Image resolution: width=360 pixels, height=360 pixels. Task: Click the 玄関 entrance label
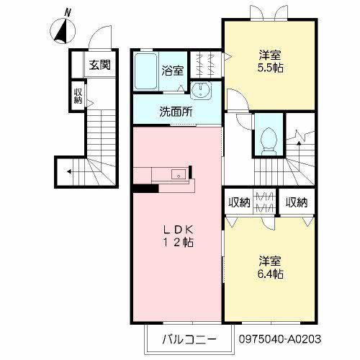(x=100, y=65)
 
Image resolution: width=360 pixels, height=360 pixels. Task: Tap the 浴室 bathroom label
(x=173, y=71)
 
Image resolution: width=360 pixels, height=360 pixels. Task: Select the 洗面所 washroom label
(x=176, y=112)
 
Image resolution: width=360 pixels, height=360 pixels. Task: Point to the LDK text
(x=178, y=230)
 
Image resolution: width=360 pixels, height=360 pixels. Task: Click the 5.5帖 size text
(x=270, y=68)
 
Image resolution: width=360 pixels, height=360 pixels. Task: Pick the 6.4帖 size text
(x=270, y=274)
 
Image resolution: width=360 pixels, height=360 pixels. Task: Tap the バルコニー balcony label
(x=189, y=339)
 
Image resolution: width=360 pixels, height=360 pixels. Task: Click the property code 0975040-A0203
(x=279, y=339)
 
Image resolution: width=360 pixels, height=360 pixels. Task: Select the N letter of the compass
(x=68, y=12)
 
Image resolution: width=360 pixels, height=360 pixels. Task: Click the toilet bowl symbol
(x=269, y=142)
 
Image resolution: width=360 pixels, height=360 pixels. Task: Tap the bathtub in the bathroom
(x=145, y=71)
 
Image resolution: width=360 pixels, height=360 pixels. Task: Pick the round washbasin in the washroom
(x=201, y=90)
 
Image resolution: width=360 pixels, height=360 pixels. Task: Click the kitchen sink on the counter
(x=179, y=174)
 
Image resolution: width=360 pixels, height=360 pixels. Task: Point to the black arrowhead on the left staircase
(x=69, y=171)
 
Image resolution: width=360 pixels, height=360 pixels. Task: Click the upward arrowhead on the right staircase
(x=299, y=143)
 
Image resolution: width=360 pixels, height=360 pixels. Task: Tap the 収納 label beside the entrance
(x=78, y=96)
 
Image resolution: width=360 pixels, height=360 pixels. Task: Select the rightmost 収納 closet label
(x=297, y=202)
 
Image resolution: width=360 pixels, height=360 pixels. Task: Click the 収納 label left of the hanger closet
(x=239, y=202)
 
